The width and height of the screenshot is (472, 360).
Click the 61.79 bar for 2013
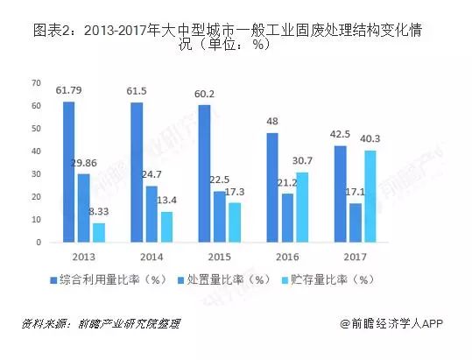pyautogui.click(x=69, y=172)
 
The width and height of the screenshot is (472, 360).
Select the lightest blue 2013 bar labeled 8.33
pyautogui.click(x=99, y=233)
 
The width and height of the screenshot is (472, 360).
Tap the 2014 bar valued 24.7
pyautogui.click(x=151, y=214)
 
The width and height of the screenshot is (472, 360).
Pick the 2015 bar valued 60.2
pyautogui.click(x=204, y=173)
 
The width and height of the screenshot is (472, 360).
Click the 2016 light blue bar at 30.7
pyautogui.click(x=302, y=207)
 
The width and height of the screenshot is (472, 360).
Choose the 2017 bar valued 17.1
pyautogui.click(x=356, y=222)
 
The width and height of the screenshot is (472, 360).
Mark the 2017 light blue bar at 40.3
pyautogui.click(x=370, y=196)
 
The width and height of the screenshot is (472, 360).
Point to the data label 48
pyautogui.click(x=272, y=121)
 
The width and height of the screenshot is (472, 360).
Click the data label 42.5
pyautogui.click(x=340, y=134)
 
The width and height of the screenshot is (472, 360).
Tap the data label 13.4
pyautogui.click(x=166, y=201)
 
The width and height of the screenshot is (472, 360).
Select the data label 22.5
pyautogui.click(x=220, y=180)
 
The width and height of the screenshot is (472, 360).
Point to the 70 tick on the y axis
pyautogui.click(x=36, y=83)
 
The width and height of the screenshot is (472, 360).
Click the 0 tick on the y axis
pyautogui.click(x=39, y=243)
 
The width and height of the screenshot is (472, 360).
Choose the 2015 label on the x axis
pyautogui.click(x=220, y=257)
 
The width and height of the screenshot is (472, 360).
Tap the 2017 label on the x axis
pyautogui.click(x=356, y=257)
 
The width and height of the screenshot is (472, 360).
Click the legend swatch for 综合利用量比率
pyautogui.click(x=53, y=280)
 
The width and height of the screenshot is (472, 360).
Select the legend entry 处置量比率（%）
pyautogui.click(x=225, y=280)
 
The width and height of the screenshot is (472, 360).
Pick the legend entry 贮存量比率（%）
pyautogui.click(x=328, y=280)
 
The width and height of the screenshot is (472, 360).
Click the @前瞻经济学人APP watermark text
pyautogui.click(x=391, y=324)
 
